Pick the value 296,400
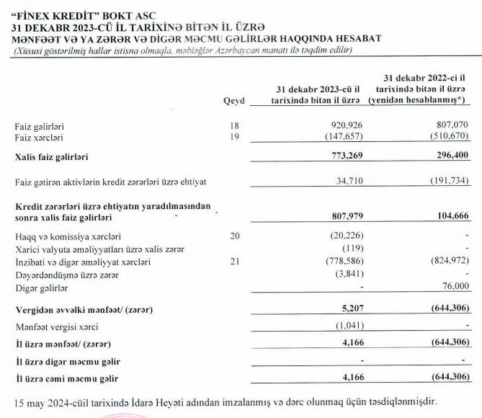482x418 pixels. (x=452, y=155)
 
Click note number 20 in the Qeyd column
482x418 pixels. (x=233, y=236)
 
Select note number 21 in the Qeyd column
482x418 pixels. (x=233, y=262)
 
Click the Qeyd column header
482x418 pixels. (x=235, y=102)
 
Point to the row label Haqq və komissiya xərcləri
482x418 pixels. (x=63, y=236)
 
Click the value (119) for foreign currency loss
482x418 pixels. (x=349, y=249)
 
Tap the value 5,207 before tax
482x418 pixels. (x=349, y=309)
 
